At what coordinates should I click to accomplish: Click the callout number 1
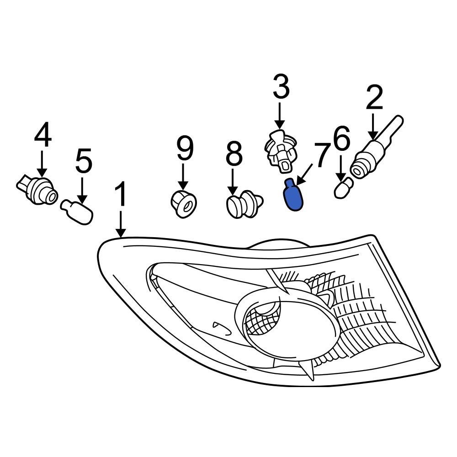click(x=121, y=195)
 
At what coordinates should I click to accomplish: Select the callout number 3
click(x=280, y=88)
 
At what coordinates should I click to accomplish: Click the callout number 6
click(x=342, y=139)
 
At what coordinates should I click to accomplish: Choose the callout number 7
click(x=321, y=156)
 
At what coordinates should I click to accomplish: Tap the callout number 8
click(x=234, y=154)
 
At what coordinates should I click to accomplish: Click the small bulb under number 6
click(x=343, y=188)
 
